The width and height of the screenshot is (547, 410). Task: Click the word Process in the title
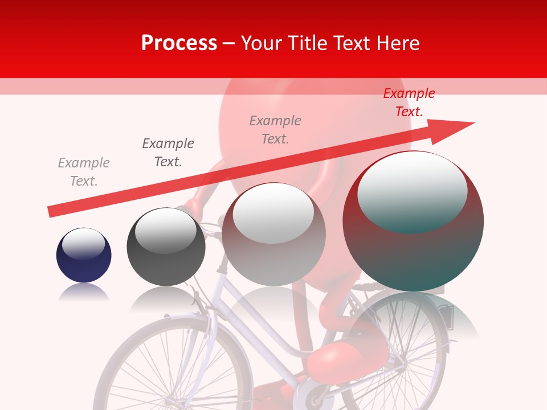179,43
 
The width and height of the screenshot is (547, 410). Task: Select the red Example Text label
409,102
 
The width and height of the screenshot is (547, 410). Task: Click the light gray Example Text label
84,172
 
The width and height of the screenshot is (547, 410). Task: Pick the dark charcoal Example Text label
168,153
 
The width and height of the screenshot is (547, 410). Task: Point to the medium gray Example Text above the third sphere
275,130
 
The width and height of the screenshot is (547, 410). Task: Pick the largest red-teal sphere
413,251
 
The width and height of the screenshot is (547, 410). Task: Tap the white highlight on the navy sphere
84,244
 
